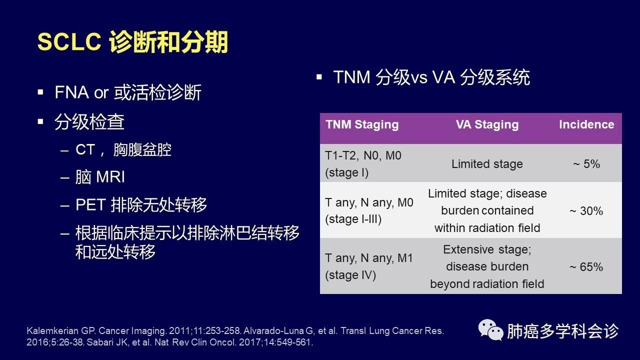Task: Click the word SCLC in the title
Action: click(69, 41)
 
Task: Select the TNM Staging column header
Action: click(362, 124)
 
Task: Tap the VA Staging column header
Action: click(487, 124)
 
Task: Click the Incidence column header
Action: click(586, 124)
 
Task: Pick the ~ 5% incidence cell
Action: click(586, 164)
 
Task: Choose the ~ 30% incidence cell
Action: click(586, 211)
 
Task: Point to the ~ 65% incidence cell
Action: click(586, 267)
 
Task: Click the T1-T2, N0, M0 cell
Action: click(363, 164)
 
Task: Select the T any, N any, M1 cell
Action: click(369, 266)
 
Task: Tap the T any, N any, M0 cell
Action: click(369, 211)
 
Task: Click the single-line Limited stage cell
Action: click(487, 164)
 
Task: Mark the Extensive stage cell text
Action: click(487, 266)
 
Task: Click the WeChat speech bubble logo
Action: click(490, 330)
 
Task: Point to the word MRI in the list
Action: click(110, 177)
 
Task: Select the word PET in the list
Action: click(90, 204)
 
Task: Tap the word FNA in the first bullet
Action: click(71, 92)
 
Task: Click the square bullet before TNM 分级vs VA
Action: click(319, 77)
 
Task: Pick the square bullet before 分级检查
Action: click(40, 121)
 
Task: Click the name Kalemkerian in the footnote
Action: click(52, 331)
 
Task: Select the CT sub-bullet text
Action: click(123, 149)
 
